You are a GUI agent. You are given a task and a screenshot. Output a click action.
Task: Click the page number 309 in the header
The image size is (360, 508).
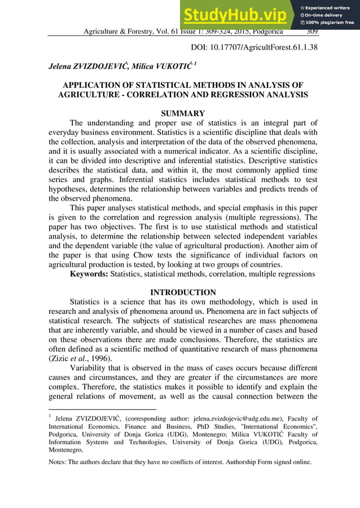coord(311,32)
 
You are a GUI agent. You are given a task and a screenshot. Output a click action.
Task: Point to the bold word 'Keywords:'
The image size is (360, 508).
coord(89,275)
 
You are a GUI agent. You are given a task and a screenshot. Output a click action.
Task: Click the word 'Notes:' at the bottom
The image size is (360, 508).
coord(58,462)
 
